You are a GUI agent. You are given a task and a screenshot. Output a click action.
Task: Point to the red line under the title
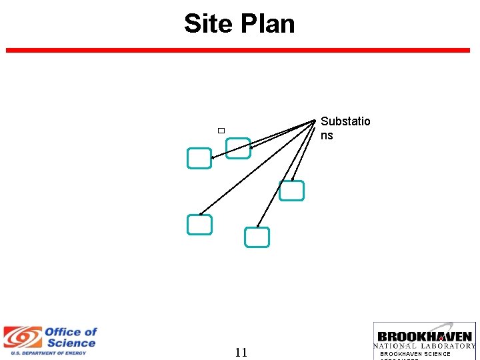tap(238, 50)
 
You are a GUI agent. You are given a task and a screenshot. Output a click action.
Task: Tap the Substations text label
tap(345, 128)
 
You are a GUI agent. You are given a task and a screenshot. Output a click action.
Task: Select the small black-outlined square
tap(221, 129)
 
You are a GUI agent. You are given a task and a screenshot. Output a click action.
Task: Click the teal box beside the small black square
tap(238, 149)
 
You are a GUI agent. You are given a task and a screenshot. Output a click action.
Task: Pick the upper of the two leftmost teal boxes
tap(199, 158)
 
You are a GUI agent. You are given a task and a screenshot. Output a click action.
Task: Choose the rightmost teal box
tap(291, 191)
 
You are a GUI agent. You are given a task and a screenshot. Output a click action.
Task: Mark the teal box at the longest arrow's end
tap(199, 225)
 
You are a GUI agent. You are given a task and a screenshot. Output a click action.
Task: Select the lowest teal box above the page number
tap(257, 237)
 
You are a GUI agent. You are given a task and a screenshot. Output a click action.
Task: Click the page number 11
tap(241, 353)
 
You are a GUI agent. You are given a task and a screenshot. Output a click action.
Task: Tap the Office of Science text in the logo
tap(70, 337)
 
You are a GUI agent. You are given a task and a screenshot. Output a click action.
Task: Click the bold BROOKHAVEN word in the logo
tap(425, 337)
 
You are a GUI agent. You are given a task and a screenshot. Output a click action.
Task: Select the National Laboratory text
tap(425, 346)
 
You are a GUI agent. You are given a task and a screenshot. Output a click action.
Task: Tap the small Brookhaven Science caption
tap(415, 354)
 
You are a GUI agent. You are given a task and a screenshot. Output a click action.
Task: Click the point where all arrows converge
tap(315, 120)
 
